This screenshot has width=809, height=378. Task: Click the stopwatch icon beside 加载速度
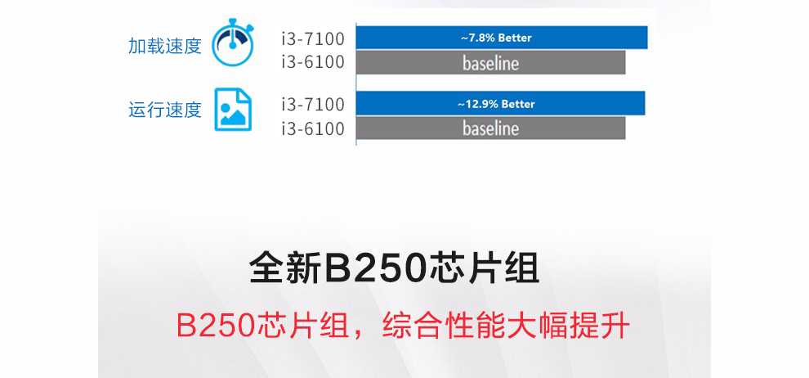coord(233,44)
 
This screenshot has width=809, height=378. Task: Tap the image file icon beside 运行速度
coord(233,110)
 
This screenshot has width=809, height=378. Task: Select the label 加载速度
coord(164,46)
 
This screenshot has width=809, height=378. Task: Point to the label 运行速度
coord(164,110)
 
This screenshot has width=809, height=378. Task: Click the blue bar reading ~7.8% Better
coord(502,38)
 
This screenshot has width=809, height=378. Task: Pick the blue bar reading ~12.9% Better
coord(500,103)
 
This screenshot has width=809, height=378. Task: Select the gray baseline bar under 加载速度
coord(490,62)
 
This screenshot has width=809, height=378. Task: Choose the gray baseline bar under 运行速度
coord(490,128)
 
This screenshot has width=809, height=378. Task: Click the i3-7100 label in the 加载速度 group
coord(313,38)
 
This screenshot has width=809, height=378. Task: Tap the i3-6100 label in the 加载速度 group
coord(313,62)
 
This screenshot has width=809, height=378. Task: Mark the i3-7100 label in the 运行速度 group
coord(313,104)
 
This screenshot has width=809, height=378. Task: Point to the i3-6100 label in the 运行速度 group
coord(313,128)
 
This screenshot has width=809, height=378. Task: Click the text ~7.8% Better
coord(496,38)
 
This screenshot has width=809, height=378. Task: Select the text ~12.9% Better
coord(496,104)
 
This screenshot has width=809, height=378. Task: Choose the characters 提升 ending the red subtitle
coord(600,326)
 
